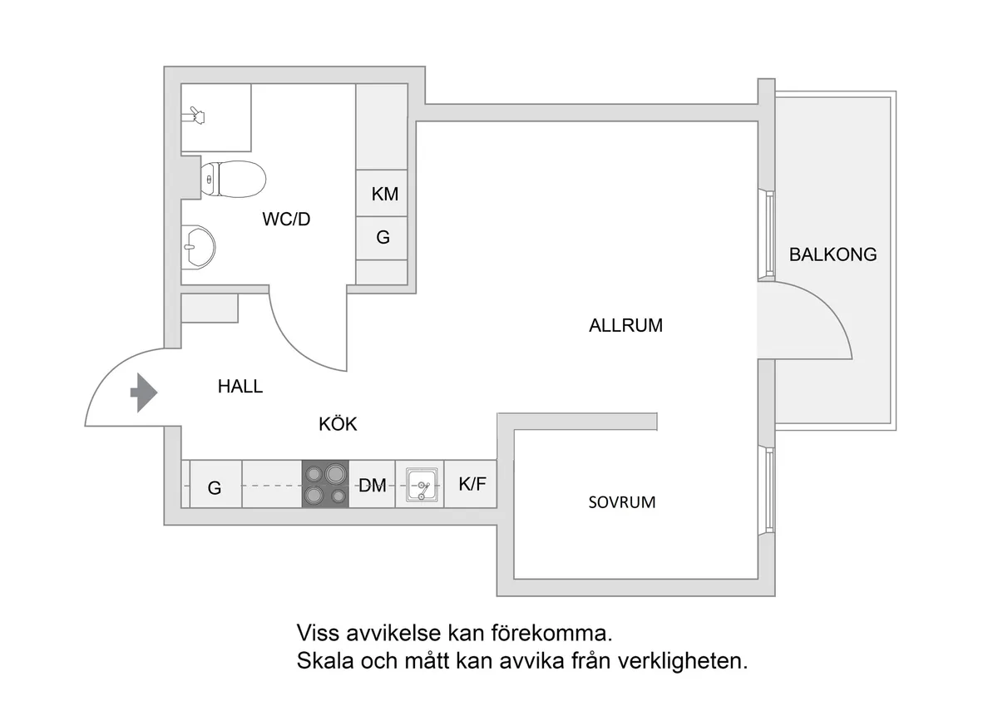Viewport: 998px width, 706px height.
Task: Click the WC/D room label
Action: (286, 220)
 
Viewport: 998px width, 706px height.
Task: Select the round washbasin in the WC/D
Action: (198, 247)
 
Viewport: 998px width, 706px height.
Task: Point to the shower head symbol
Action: (196, 113)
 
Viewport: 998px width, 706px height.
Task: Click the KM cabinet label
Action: (384, 195)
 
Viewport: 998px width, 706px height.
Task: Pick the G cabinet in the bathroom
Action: (383, 238)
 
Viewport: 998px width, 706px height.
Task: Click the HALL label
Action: (240, 387)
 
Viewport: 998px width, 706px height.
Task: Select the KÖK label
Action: (338, 424)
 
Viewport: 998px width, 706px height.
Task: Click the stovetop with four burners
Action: (325, 484)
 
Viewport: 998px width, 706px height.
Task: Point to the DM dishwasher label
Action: (372, 486)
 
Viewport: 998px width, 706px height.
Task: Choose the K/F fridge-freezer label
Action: (472, 483)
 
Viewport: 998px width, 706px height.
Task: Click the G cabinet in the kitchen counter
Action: (215, 488)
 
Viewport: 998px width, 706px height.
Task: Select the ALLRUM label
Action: (625, 326)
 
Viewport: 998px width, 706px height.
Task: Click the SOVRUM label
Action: (622, 502)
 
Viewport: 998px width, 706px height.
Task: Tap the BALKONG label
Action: (832, 254)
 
